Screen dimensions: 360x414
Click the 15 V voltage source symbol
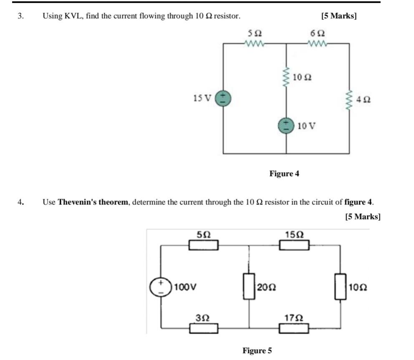click(x=223, y=98)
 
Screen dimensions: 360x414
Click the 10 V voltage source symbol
click(x=286, y=125)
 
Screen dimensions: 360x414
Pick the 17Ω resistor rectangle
click(x=294, y=328)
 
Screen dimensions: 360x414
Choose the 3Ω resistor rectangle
click(x=203, y=328)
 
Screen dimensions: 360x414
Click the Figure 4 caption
click(x=284, y=173)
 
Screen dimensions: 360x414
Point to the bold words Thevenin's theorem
click(x=93, y=202)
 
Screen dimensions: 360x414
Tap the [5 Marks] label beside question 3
click(x=339, y=16)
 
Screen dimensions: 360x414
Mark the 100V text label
click(x=185, y=287)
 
